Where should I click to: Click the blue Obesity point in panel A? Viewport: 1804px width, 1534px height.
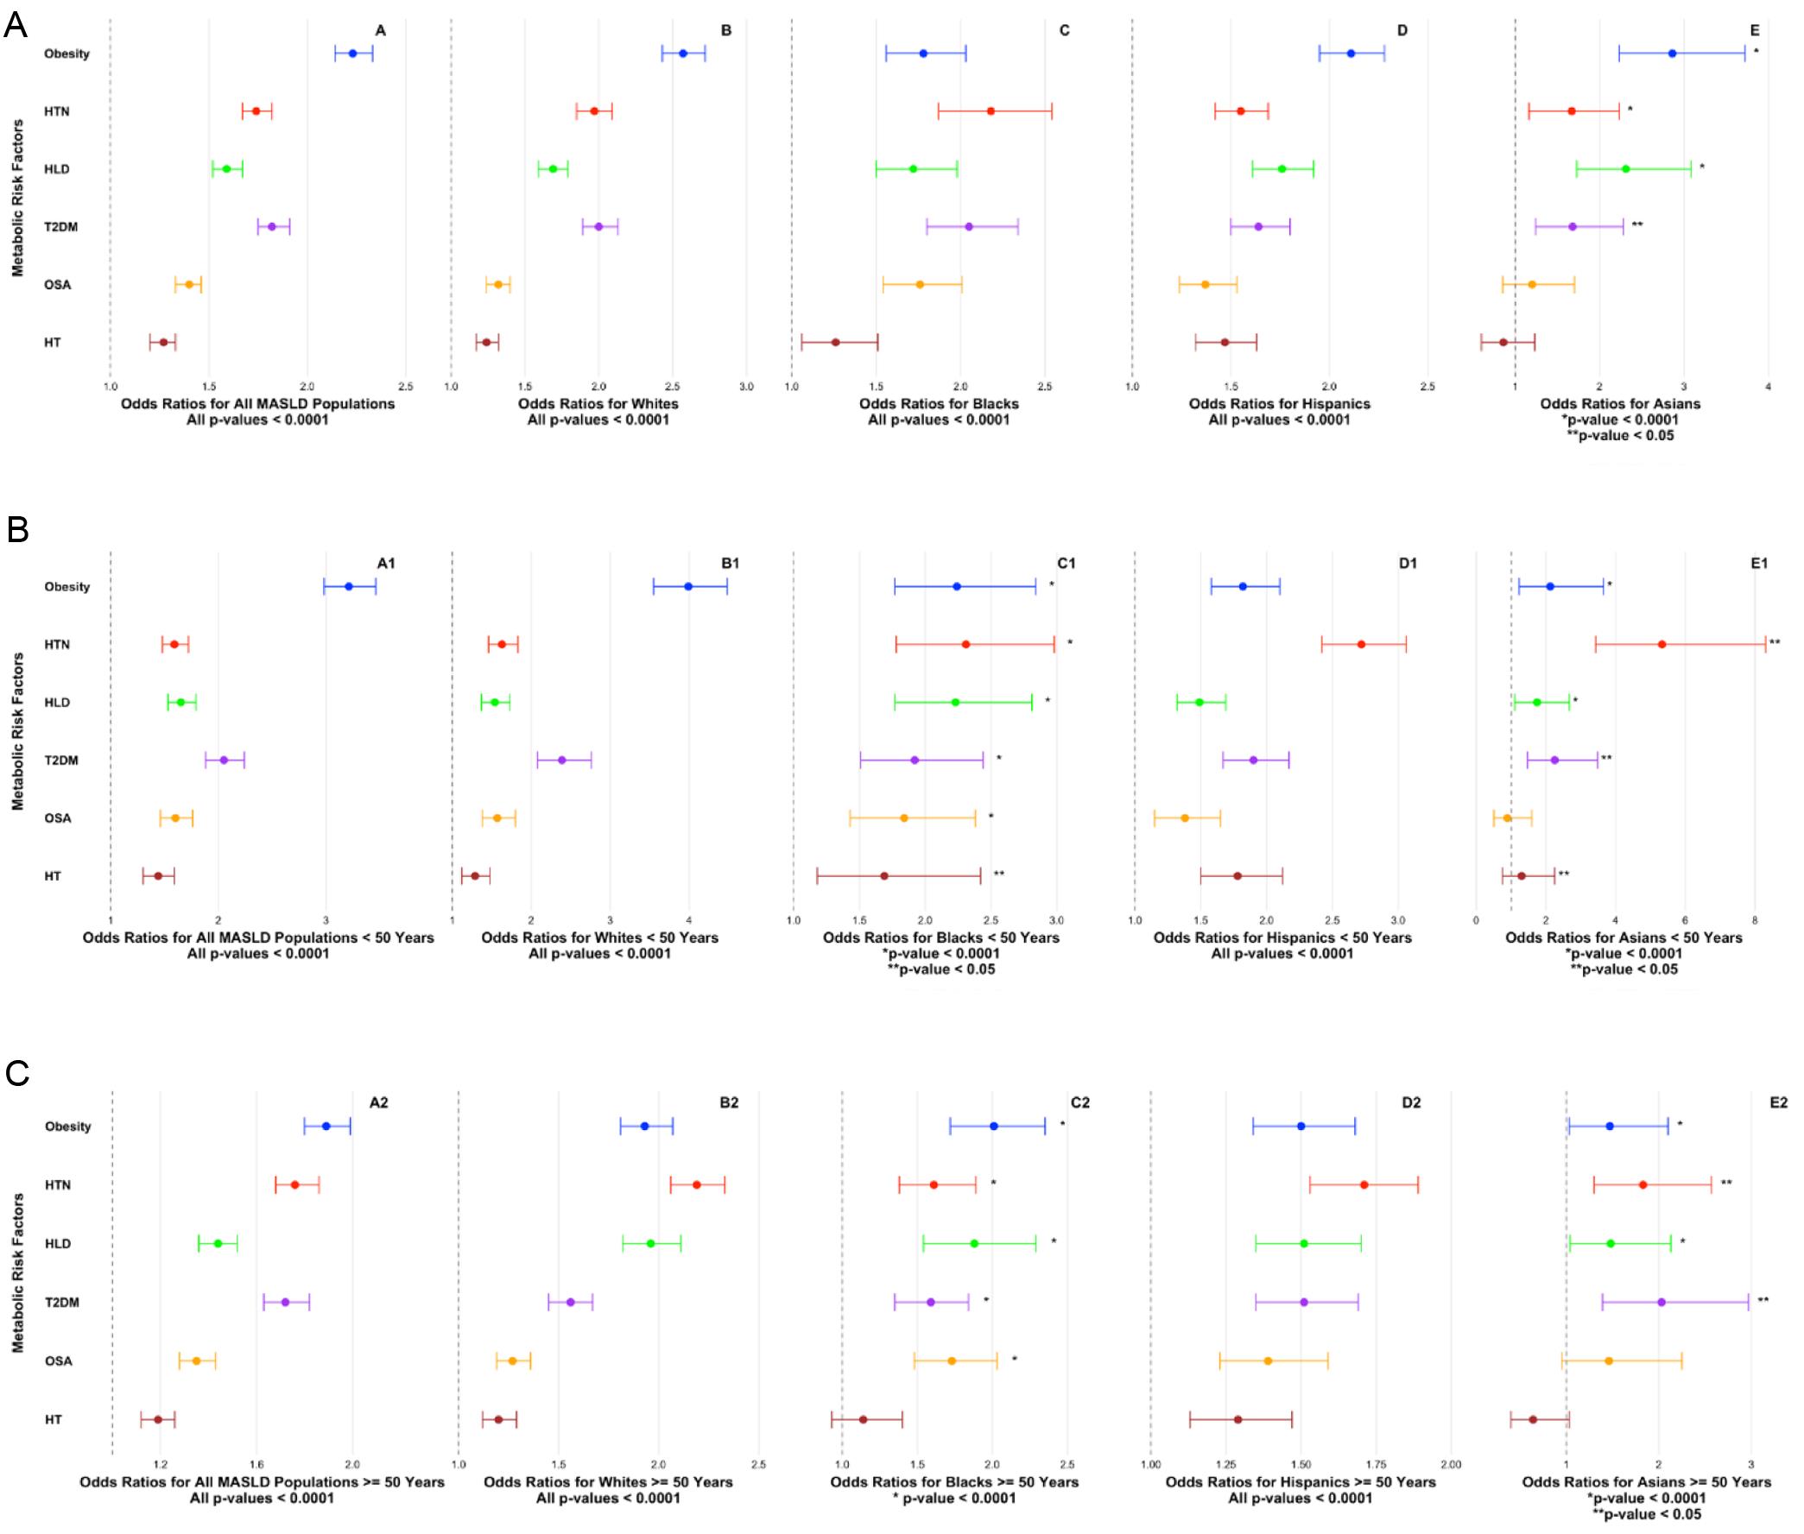coord(352,54)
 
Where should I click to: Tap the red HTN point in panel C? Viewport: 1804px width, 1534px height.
coord(991,111)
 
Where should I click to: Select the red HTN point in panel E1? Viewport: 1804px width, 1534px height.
coord(1662,644)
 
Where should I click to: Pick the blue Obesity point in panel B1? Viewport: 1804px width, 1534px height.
coord(688,587)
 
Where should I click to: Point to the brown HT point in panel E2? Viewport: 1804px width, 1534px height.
coord(1533,1419)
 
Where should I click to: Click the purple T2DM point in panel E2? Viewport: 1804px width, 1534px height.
coord(1661,1302)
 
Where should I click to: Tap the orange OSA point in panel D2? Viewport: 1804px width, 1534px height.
coord(1268,1361)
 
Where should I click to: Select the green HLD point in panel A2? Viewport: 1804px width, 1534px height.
coord(218,1244)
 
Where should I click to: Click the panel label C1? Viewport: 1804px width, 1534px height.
coord(1066,564)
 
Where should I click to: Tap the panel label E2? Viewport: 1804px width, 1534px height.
coord(1778,1102)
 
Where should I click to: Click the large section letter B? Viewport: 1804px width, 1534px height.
coord(17,529)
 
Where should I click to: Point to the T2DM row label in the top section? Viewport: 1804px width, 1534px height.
coord(61,227)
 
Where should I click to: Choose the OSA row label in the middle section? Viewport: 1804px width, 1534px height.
coord(57,818)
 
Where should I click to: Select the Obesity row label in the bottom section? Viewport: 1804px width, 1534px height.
coord(68,1127)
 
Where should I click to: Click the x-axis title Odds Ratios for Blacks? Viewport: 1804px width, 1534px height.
coord(939,403)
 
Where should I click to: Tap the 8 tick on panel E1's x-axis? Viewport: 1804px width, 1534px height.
coord(1755,920)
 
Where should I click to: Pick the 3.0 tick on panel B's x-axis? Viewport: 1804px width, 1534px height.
coord(746,386)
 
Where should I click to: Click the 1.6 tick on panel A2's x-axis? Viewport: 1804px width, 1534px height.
coord(256,1464)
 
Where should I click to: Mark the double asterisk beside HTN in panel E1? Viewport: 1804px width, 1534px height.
coord(1775,643)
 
